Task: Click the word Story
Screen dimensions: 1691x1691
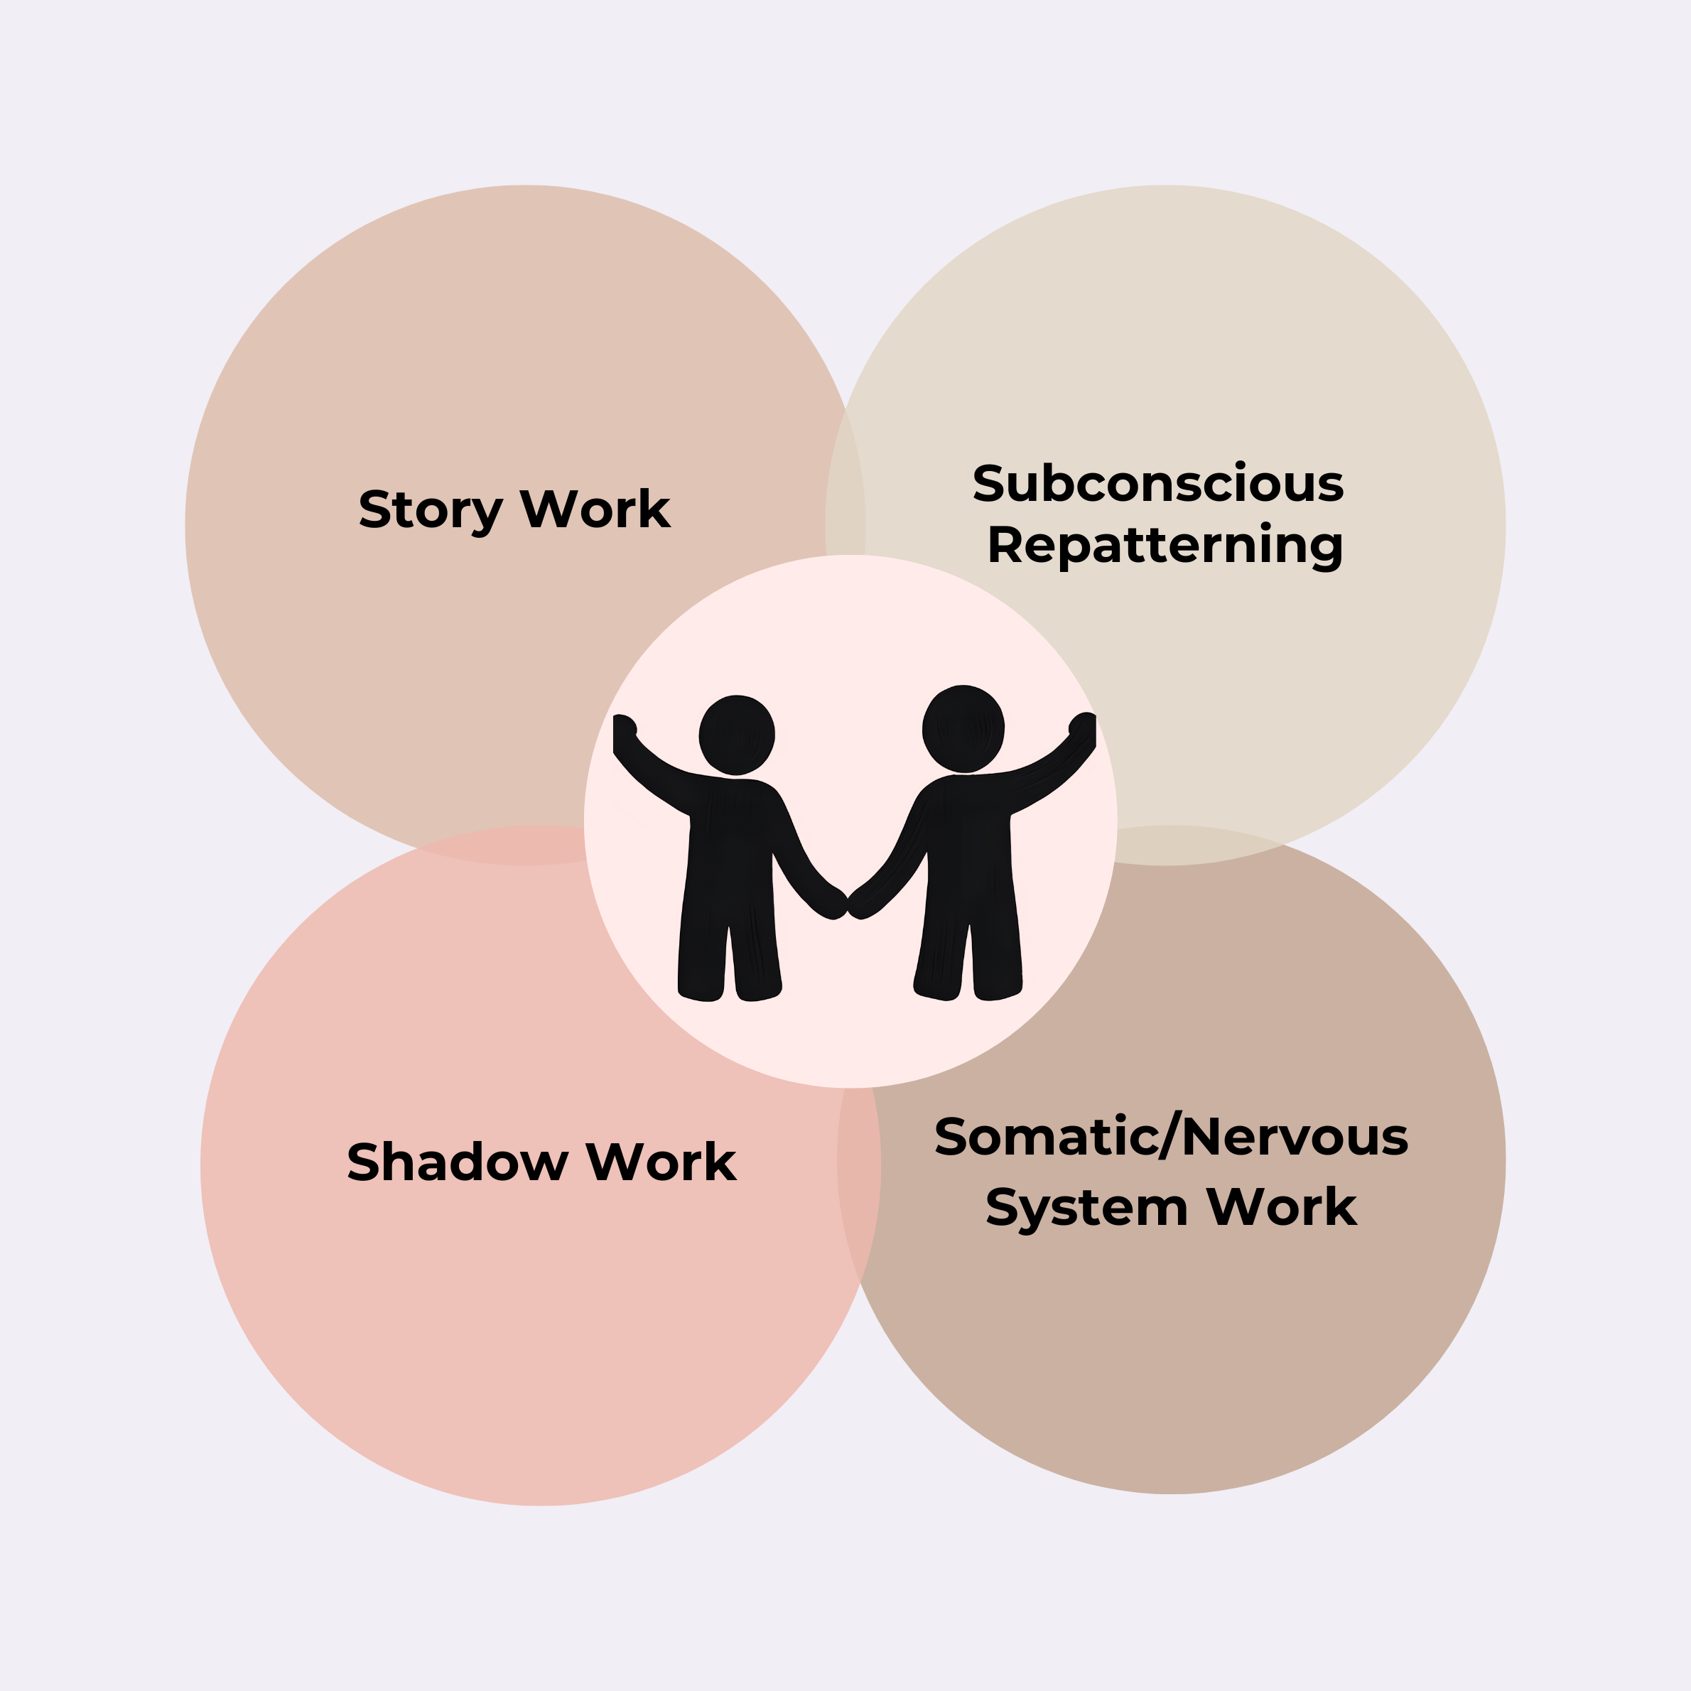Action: [x=430, y=510]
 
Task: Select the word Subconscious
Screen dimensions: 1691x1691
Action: [x=1157, y=483]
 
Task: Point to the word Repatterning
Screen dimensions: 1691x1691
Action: [x=1165, y=545]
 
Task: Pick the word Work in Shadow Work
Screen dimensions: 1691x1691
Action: [x=661, y=1162]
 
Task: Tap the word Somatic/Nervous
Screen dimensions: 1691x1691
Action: [x=1171, y=1137]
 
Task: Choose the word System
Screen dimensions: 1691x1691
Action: [x=1086, y=1209]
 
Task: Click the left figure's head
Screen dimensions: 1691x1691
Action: [x=737, y=735]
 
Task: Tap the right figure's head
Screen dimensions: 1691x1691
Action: [x=963, y=729]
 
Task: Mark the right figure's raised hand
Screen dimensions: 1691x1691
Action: [x=1084, y=724]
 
